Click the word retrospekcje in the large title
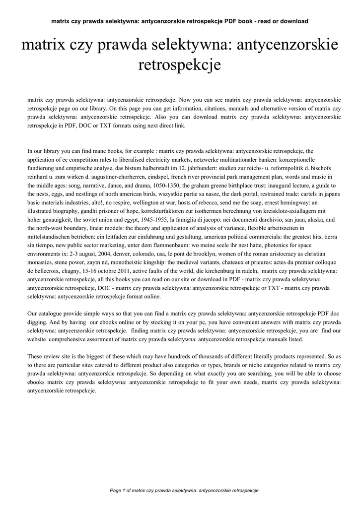point(180,65)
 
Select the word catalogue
point(51,314)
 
